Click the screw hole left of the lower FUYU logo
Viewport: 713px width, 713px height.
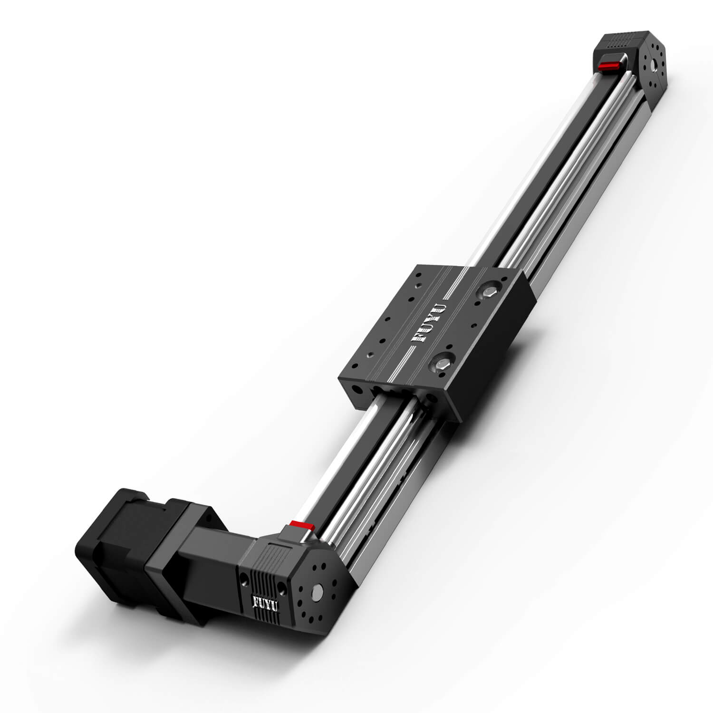pyautogui.click(x=244, y=579)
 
